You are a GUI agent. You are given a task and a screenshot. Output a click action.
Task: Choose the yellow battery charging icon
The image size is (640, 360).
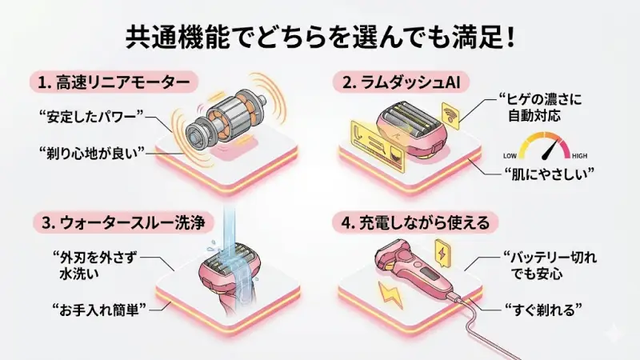(x=442, y=251)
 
